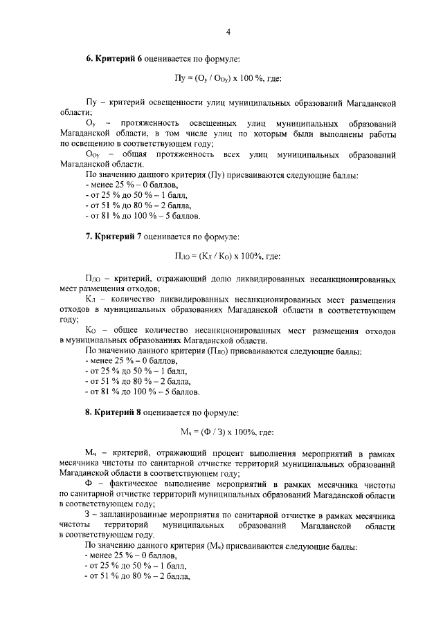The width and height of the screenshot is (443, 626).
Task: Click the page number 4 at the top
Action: click(228, 30)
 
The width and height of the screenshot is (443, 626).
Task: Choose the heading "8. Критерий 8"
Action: click(114, 413)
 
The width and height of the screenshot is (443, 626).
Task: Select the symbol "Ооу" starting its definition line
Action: click(93, 154)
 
